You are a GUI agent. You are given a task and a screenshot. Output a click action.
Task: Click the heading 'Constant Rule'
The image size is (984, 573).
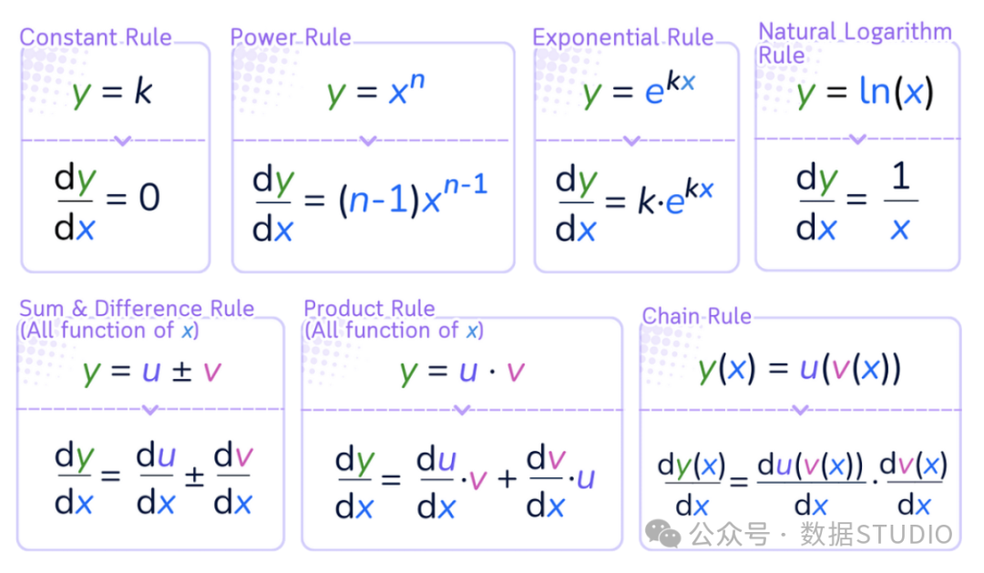(x=96, y=37)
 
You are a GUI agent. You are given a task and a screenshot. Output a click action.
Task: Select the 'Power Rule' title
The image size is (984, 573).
(x=291, y=37)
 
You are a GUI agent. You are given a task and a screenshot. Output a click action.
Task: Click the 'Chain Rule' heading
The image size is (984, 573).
(x=697, y=316)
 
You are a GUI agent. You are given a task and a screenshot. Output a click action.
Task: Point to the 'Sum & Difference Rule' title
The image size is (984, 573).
(x=137, y=308)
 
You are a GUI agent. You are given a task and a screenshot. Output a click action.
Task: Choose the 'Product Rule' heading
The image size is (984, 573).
(x=370, y=308)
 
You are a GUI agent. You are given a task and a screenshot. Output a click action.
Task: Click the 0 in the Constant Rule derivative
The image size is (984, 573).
(x=149, y=198)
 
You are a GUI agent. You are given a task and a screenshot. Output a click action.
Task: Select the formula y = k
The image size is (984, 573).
(x=113, y=93)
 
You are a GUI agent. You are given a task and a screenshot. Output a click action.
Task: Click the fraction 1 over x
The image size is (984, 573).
(x=900, y=202)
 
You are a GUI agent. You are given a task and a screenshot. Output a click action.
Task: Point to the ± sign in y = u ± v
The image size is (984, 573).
(x=180, y=371)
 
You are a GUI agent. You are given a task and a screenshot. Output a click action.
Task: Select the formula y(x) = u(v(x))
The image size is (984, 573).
(x=799, y=367)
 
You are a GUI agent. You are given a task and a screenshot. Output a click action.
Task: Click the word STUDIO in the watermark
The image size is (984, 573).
(x=905, y=534)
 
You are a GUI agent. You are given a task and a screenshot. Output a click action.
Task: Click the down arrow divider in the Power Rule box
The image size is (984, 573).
(x=368, y=141)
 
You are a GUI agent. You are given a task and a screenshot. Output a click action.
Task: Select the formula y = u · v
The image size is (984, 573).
(x=461, y=372)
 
